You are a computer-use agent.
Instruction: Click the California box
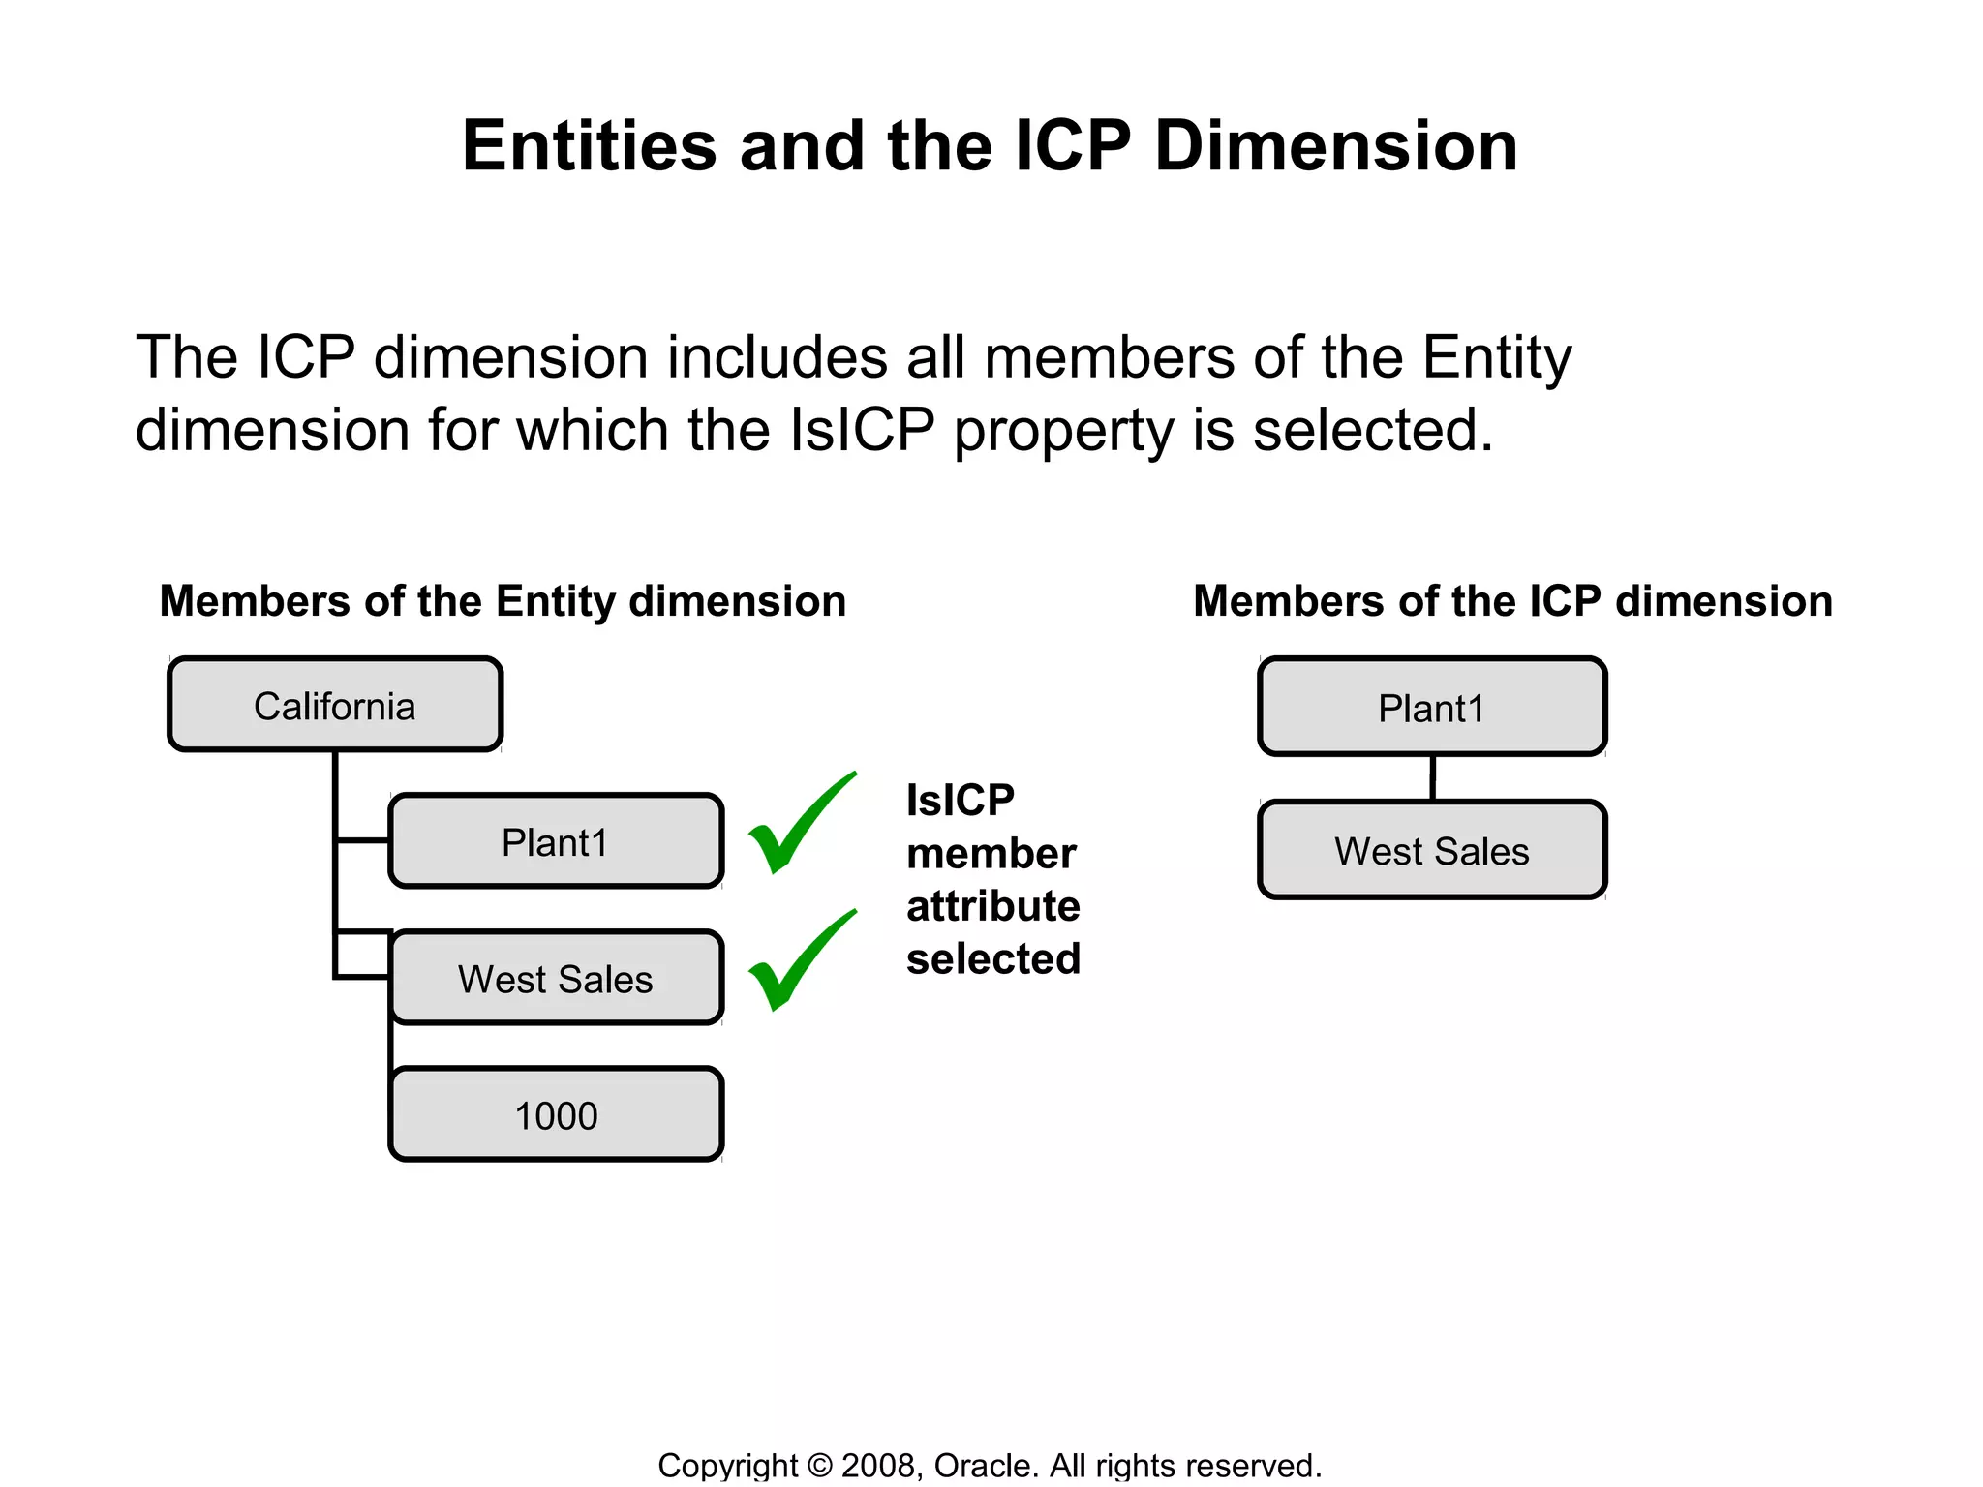(x=335, y=705)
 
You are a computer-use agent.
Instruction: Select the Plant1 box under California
(x=556, y=841)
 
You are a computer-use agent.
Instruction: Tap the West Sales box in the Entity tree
(x=556, y=978)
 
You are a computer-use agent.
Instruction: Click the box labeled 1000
(x=556, y=1114)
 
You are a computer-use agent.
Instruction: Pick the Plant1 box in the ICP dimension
(x=1431, y=708)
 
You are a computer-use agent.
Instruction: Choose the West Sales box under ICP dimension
(x=1431, y=850)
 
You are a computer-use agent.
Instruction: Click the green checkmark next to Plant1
(x=800, y=825)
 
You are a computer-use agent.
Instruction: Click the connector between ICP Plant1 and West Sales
(x=1432, y=777)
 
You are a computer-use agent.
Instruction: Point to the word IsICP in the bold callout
(x=960, y=801)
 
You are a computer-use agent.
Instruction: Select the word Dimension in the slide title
(x=1335, y=146)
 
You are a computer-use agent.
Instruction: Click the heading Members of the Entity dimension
(x=503, y=601)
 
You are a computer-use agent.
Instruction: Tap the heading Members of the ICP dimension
(x=1512, y=601)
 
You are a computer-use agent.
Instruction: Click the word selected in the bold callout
(x=993, y=958)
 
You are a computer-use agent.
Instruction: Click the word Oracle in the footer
(x=985, y=1465)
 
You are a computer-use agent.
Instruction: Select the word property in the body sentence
(x=1063, y=430)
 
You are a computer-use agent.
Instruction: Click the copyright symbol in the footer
(x=819, y=1465)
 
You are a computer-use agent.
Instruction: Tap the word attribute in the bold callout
(x=993, y=906)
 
